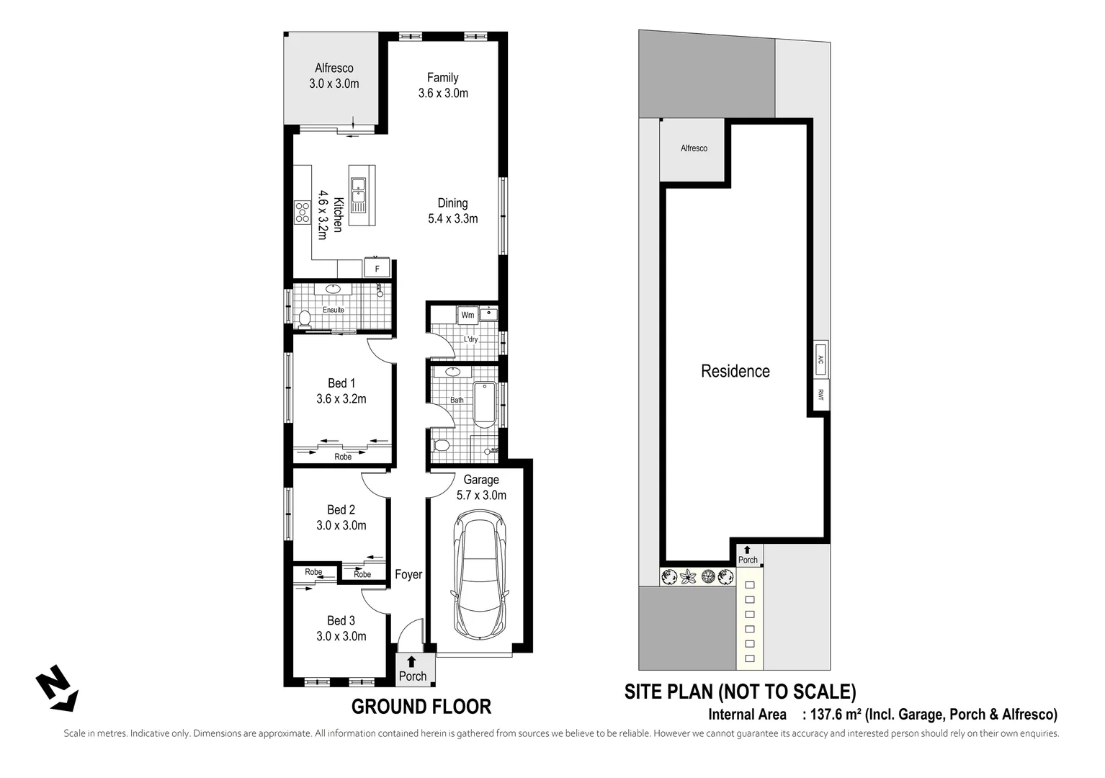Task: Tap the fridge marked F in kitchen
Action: point(377,268)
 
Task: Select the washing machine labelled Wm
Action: point(467,315)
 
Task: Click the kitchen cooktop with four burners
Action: point(302,211)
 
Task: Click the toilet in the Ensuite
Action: point(304,318)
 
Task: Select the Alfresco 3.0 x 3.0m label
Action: point(334,76)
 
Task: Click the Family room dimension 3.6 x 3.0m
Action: point(443,93)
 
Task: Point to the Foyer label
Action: point(408,574)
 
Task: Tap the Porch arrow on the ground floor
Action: point(411,661)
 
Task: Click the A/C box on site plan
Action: point(820,358)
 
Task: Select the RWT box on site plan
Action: point(820,395)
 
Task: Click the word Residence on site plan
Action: point(735,371)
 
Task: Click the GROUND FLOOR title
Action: point(421,707)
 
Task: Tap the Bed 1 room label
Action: point(341,383)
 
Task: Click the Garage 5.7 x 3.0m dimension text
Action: point(481,495)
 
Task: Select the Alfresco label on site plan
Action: point(694,148)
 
